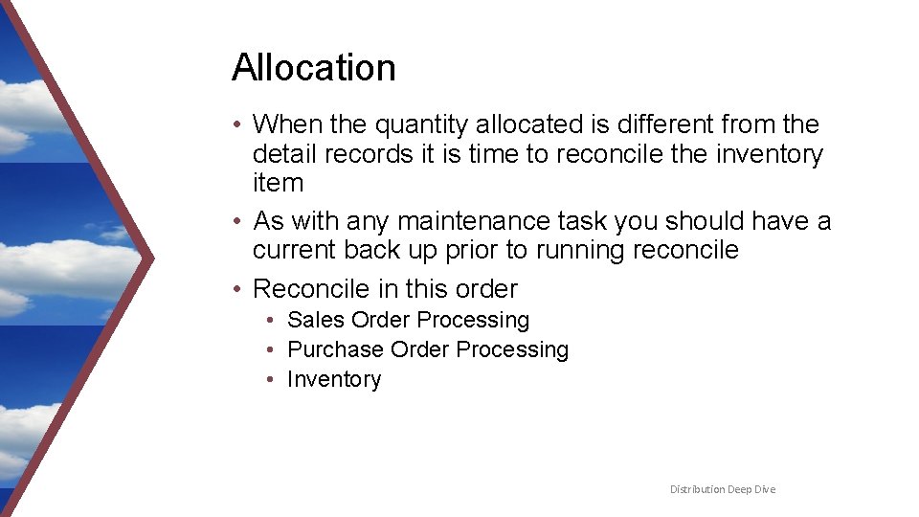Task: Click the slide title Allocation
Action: (313, 68)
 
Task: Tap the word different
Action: (656, 124)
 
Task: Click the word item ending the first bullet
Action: (278, 183)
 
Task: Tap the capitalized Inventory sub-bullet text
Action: (334, 379)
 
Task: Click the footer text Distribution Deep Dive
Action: (723, 489)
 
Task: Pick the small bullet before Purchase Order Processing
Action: (273, 350)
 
